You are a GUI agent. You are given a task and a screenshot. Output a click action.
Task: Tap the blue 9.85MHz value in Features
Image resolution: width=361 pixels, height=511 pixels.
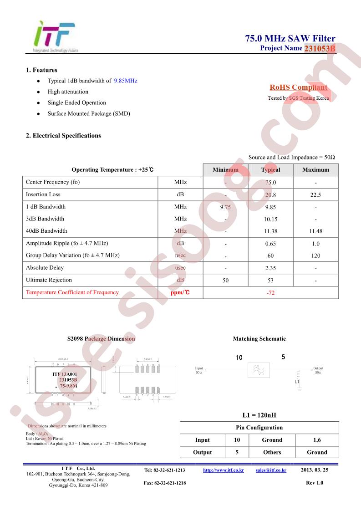pyautogui.click(x=125, y=81)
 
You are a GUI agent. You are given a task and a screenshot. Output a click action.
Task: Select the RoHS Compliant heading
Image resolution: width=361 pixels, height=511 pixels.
pyautogui.click(x=298, y=87)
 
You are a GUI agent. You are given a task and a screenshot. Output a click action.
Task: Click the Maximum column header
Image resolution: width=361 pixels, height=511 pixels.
pyautogui.click(x=315, y=170)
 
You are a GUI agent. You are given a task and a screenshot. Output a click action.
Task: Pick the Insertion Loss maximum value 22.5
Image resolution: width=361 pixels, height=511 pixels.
pyautogui.click(x=315, y=195)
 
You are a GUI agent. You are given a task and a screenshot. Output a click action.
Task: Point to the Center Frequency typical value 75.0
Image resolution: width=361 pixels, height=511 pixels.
pyautogui.click(x=270, y=183)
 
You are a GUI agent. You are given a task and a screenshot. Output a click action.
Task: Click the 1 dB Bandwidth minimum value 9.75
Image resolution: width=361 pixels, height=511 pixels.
pyautogui.click(x=225, y=207)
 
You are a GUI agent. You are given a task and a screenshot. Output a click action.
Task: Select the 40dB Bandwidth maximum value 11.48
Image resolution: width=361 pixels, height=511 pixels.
pyautogui.click(x=315, y=231)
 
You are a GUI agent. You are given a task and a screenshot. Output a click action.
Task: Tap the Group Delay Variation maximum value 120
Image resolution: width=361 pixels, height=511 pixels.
pyautogui.click(x=315, y=256)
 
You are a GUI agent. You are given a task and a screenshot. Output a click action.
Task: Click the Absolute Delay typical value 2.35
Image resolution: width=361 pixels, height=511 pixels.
pyautogui.click(x=270, y=268)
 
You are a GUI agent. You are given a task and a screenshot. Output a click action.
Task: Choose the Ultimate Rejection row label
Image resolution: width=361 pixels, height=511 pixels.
pyautogui.click(x=49, y=280)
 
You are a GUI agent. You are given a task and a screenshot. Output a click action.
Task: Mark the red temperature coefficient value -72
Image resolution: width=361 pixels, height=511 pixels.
pyautogui.click(x=270, y=293)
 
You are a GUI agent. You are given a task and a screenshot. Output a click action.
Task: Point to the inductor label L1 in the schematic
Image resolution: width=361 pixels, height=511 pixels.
pyautogui.click(x=297, y=382)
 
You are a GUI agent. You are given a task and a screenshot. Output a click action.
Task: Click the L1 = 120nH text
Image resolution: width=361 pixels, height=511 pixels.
pyautogui.click(x=259, y=415)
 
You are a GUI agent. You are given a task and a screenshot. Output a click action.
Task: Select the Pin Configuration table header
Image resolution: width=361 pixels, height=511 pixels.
pyautogui.click(x=259, y=428)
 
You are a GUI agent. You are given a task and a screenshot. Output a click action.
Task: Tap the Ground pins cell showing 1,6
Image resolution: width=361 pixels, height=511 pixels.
pyautogui.click(x=317, y=440)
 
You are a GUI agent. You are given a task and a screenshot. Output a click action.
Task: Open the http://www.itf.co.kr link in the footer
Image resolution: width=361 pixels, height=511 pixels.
pyautogui.click(x=224, y=470)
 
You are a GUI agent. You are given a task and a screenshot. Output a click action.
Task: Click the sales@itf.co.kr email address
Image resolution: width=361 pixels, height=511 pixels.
pyautogui.click(x=271, y=470)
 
